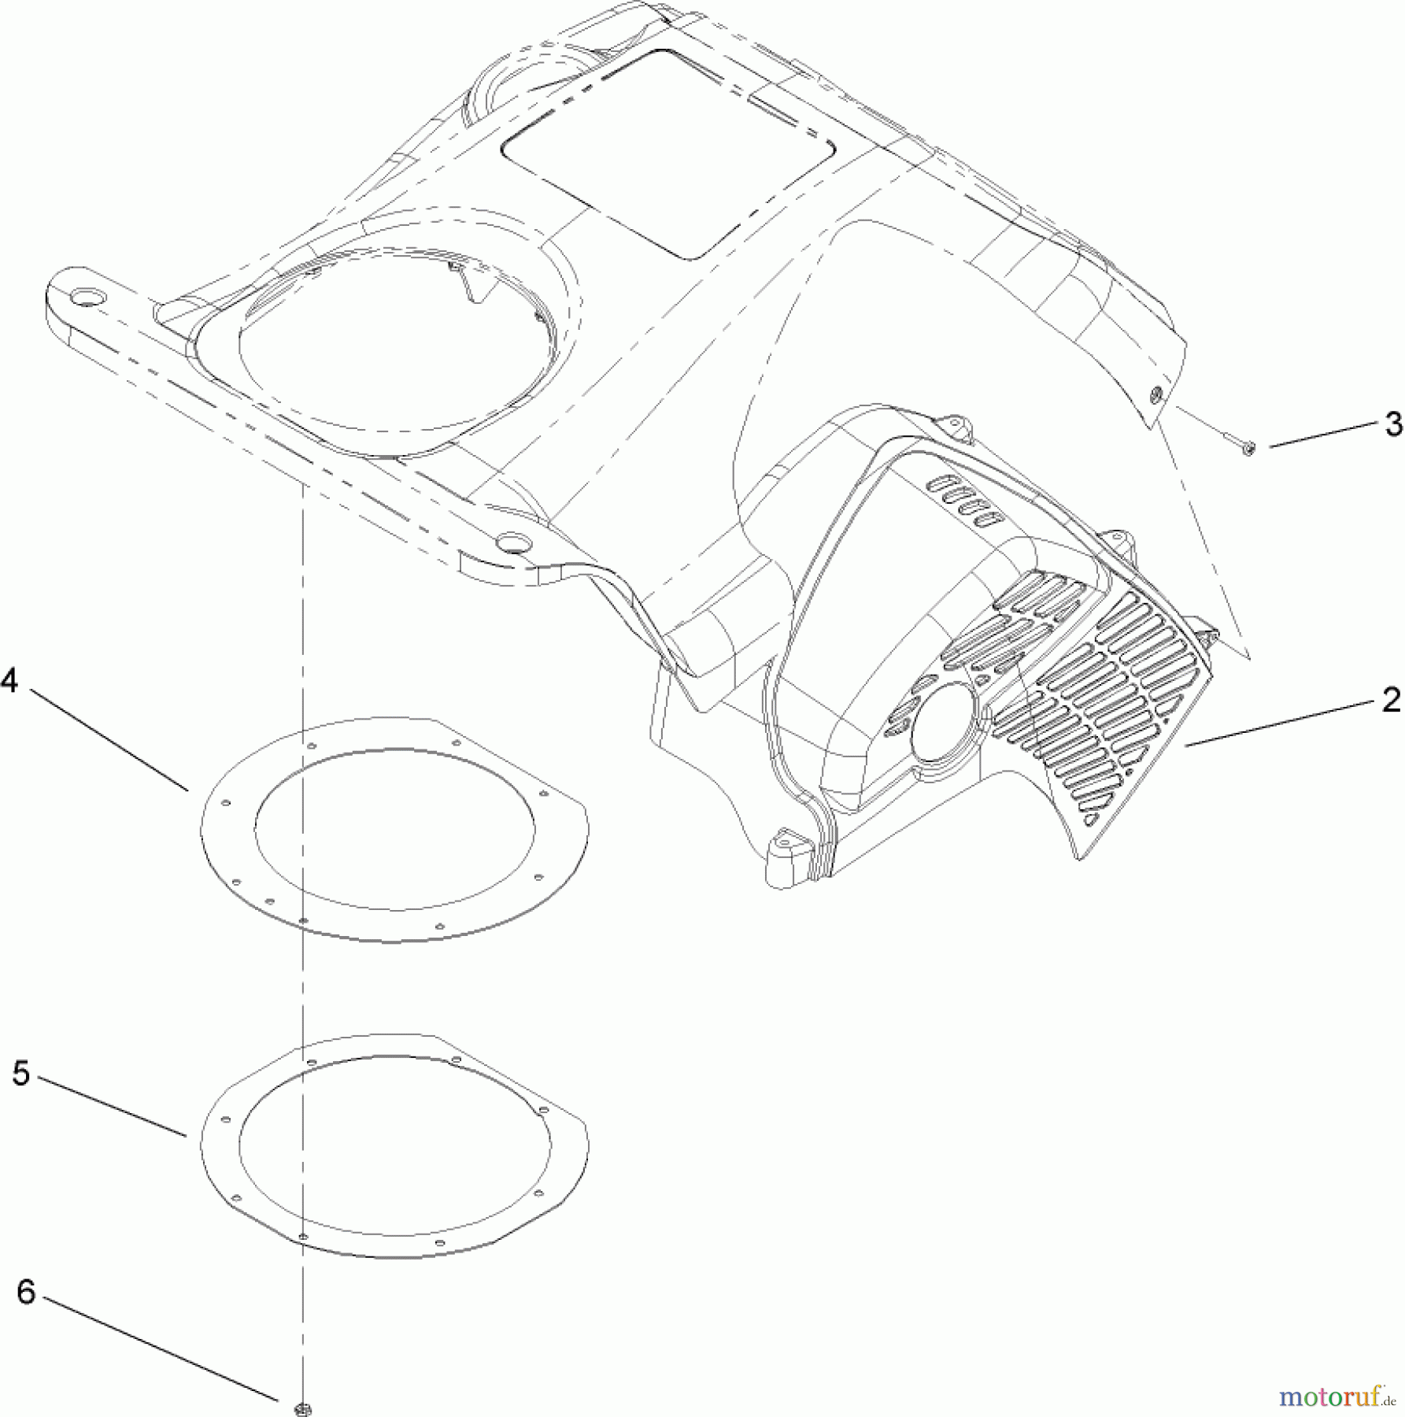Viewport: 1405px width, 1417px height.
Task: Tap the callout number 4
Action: (x=10, y=679)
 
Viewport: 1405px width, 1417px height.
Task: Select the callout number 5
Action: (x=21, y=1073)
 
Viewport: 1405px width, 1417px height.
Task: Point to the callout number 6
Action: (x=26, y=1293)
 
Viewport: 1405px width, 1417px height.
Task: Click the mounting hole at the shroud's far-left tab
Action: (x=84, y=297)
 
